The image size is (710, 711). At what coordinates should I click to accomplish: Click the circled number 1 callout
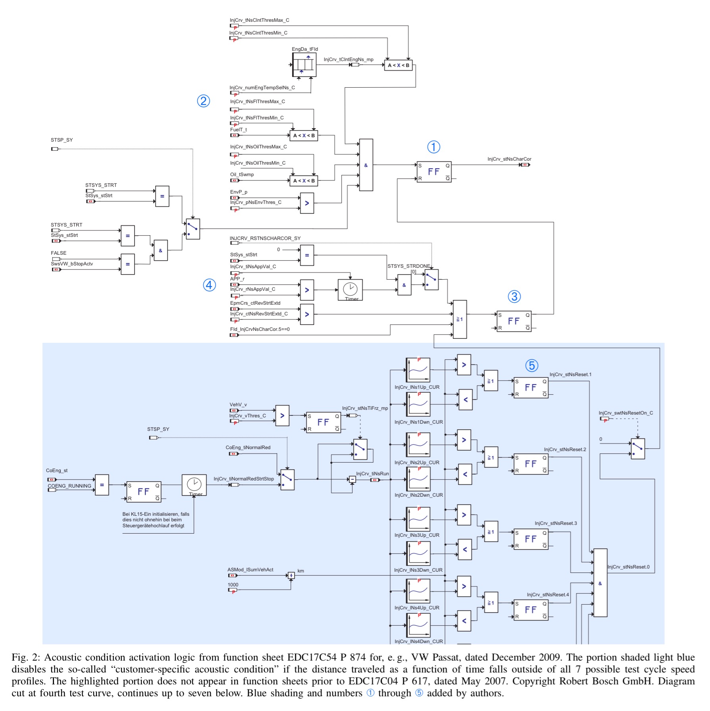[433, 147]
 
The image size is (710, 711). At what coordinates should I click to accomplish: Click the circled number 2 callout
[203, 101]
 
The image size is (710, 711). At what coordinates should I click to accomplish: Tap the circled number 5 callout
[531, 365]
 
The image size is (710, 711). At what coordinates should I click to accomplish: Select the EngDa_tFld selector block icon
[304, 65]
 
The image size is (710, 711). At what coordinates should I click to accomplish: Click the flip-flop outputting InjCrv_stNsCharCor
[434, 172]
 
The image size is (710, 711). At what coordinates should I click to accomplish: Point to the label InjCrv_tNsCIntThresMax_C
[259, 20]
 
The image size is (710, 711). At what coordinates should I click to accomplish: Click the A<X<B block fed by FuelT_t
[304, 136]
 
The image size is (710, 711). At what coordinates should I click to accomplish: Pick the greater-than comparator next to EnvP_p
[307, 203]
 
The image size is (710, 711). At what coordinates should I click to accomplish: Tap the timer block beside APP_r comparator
[350, 290]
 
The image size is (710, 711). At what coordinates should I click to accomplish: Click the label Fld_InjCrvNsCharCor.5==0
[260, 329]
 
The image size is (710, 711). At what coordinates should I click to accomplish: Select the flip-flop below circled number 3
[514, 321]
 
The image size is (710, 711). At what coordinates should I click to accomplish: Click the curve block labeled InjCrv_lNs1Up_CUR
[418, 370]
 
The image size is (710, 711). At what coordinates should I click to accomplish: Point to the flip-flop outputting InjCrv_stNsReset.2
[531, 464]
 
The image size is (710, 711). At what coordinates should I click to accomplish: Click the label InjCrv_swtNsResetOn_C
[625, 413]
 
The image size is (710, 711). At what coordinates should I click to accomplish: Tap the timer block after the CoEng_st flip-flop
[194, 485]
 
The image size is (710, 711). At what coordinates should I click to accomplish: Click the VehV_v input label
[238, 405]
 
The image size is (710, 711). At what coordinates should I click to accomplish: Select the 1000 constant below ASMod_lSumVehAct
[233, 585]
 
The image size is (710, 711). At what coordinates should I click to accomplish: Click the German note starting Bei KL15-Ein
[156, 520]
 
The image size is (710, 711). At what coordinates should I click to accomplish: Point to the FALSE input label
[58, 253]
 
